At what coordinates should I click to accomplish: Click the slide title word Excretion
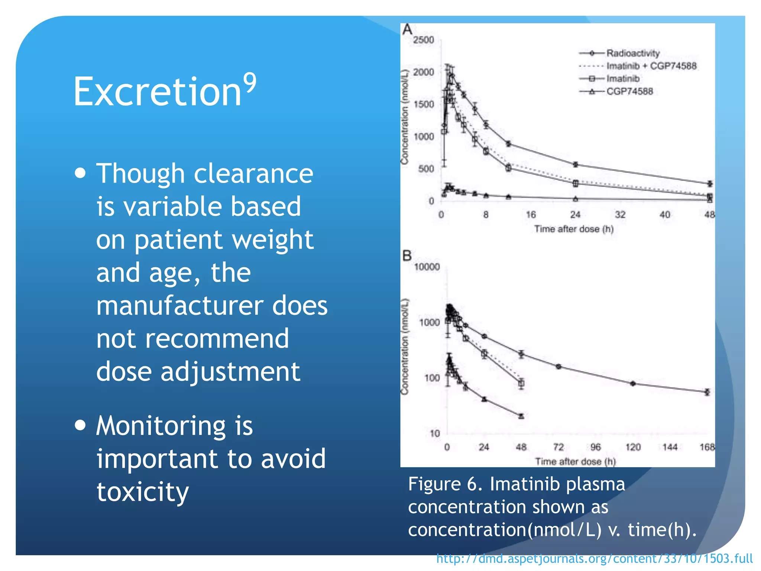coord(158,91)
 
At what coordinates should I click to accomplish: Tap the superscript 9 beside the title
coord(250,83)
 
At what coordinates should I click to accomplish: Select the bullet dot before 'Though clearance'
coord(80,173)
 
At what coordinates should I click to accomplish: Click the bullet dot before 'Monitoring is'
coord(80,425)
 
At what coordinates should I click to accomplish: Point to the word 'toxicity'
coord(143,491)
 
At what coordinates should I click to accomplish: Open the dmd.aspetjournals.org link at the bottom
coord(594,558)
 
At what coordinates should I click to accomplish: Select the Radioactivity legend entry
coord(632,53)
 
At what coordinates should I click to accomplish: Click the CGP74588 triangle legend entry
coord(629,91)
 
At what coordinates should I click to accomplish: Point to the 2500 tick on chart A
coord(424,40)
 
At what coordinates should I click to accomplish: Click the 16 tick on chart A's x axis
coord(531,214)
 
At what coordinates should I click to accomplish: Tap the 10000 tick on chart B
coord(427,267)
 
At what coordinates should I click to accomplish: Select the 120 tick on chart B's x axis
coord(633,447)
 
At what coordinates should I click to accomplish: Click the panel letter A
coord(407,29)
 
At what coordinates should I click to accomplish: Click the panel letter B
coord(407,256)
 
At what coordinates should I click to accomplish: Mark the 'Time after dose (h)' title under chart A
coord(574,229)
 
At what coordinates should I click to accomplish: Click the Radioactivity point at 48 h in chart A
coord(710,184)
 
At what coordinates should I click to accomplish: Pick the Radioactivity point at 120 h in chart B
coord(633,383)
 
